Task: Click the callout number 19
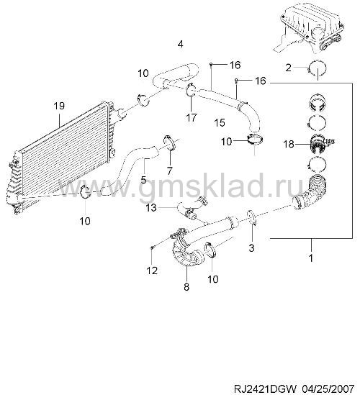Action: pyautogui.click(x=59, y=106)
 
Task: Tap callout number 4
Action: pyautogui.click(x=180, y=45)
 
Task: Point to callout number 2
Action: pyautogui.click(x=289, y=68)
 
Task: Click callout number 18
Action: pyautogui.click(x=289, y=144)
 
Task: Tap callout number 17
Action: pyautogui.click(x=191, y=117)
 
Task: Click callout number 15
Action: pyautogui.click(x=220, y=123)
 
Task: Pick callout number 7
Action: pyautogui.click(x=169, y=171)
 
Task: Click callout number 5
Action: pyautogui.click(x=143, y=180)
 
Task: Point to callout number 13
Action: pyautogui.click(x=151, y=208)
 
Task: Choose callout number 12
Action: pyautogui.click(x=152, y=271)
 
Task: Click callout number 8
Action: pyautogui.click(x=186, y=286)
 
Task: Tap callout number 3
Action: pyautogui.click(x=251, y=248)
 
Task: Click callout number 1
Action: pyautogui.click(x=311, y=258)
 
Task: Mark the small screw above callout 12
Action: pyautogui.click(x=152, y=248)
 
